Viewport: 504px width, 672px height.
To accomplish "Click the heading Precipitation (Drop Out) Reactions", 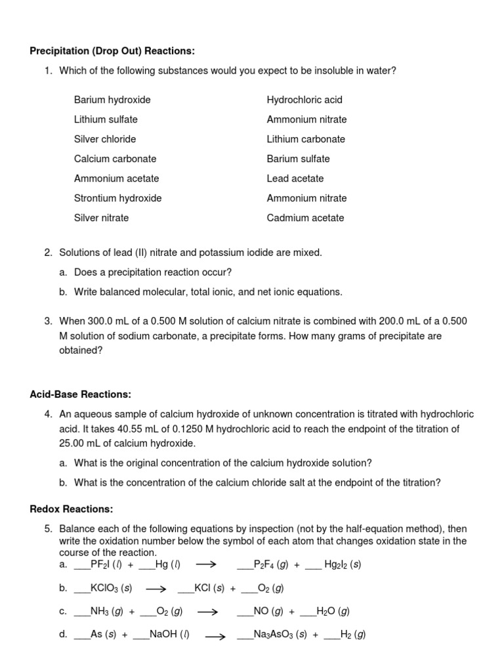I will pyautogui.click(x=112, y=51).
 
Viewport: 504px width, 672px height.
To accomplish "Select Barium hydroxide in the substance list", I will pyautogui.click(x=112, y=100).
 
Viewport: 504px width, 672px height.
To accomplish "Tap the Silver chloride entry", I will pyautogui.click(x=105, y=139).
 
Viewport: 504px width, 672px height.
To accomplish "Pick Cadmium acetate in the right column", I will pyautogui.click(x=305, y=218).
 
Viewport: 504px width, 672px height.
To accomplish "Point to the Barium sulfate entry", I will pyautogui.click(x=298, y=159).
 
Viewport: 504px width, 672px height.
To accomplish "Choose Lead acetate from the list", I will pyautogui.click(x=295, y=178).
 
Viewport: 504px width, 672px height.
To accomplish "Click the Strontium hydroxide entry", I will pyautogui.click(x=117, y=198).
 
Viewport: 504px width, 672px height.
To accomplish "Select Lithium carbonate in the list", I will pyautogui.click(x=305, y=139).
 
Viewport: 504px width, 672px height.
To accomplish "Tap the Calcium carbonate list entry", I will pyautogui.click(x=115, y=159).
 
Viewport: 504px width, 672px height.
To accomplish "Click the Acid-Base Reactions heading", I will pyautogui.click(x=81, y=394).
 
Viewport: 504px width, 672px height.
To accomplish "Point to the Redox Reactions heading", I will pyautogui.click(x=72, y=509).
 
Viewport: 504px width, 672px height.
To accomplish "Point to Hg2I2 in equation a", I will pyautogui.click(x=337, y=564).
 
